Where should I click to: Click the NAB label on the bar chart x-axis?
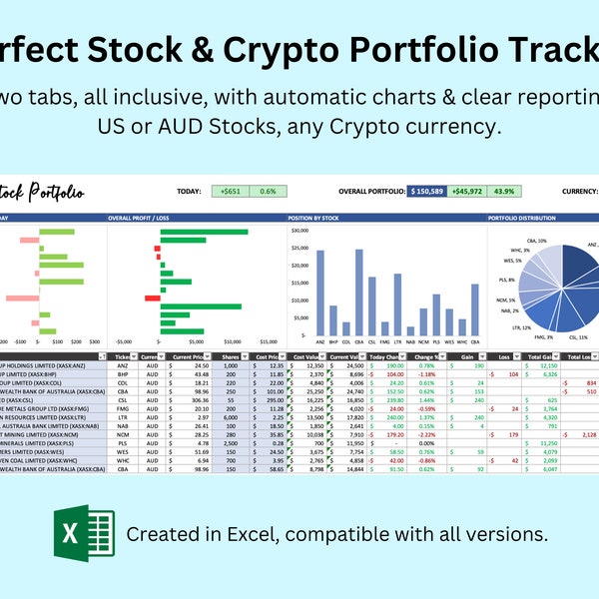(410, 341)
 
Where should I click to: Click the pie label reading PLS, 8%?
(508, 280)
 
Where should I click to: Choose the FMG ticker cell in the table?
(121, 407)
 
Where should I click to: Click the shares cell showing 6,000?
(228, 417)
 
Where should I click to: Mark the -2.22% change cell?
(426, 435)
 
